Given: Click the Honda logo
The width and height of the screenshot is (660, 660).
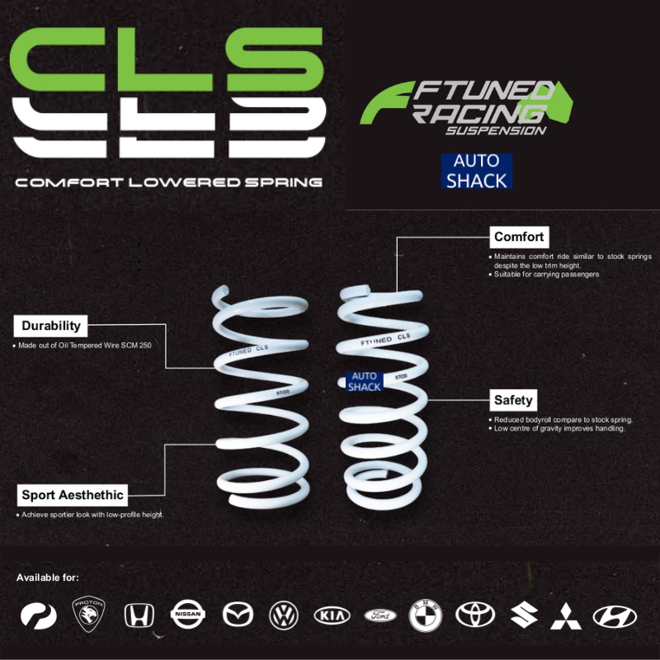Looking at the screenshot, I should point(139,615).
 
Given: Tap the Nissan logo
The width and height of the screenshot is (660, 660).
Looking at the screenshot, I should point(188,615).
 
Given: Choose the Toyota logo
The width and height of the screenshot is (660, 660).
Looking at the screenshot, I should point(475,615).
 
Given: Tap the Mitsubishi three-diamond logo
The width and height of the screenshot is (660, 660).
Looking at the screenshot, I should point(571,615).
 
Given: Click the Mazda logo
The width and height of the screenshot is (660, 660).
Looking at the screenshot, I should point(237,615).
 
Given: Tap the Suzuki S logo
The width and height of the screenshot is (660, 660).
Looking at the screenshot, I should point(524,615).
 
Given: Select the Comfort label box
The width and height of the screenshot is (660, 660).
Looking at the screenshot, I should point(519,237).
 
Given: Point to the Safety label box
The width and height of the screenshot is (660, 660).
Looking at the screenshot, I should point(513,400).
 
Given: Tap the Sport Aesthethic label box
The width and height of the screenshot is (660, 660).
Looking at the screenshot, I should point(73,495).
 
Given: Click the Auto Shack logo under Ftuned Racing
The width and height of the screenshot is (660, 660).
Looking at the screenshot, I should point(476,171).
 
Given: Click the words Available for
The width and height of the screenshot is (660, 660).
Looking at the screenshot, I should point(48,577).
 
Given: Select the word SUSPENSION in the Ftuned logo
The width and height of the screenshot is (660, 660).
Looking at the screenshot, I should point(495,130).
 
